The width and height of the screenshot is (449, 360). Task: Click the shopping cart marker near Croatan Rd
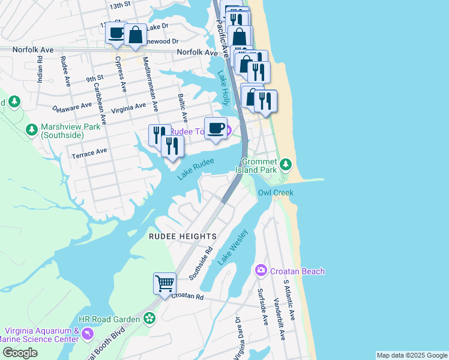coord(164,283)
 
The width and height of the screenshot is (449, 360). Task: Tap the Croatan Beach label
coord(297,271)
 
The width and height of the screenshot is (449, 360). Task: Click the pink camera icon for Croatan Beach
coord(261,271)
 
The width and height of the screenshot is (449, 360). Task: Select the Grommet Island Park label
coord(259,166)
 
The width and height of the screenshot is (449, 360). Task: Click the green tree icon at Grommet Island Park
coord(286,164)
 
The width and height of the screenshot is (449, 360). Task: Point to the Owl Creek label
coord(276,193)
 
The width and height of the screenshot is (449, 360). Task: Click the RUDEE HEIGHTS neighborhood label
coord(174,236)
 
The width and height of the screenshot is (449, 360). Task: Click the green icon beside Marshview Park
coord(32,128)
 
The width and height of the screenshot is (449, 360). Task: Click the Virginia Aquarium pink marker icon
coord(88,333)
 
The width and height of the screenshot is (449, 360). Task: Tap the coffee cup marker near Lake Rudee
coord(215,127)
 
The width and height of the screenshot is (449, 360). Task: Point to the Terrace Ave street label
coord(89,153)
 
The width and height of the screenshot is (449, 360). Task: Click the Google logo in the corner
coord(20,353)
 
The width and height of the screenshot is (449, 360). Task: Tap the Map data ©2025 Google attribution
coord(412,355)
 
